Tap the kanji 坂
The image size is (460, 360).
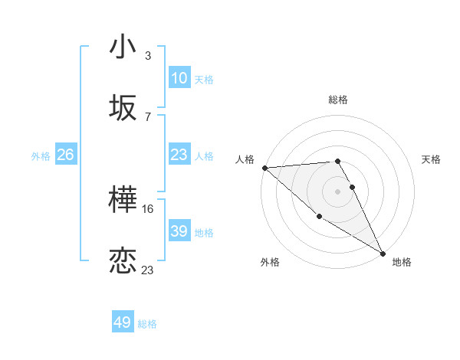point(123,107)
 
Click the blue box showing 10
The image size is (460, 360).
point(179,78)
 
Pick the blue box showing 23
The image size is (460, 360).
point(179,155)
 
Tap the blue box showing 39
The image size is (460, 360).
point(179,231)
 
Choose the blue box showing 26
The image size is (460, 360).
point(66,155)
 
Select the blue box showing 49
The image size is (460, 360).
point(123,322)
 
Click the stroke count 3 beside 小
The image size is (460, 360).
point(147,56)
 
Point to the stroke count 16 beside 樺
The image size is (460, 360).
point(149,208)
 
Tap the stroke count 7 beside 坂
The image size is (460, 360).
point(147,116)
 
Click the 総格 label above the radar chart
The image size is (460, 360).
point(338,100)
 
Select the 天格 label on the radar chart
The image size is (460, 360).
point(431,159)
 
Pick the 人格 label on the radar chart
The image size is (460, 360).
point(245,159)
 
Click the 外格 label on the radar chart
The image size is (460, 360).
point(270,262)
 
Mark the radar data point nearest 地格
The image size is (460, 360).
point(383,253)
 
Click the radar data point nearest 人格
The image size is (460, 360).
point(264,168)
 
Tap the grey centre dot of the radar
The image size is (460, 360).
point(338,191)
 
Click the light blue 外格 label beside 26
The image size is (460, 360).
point(41,155)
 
